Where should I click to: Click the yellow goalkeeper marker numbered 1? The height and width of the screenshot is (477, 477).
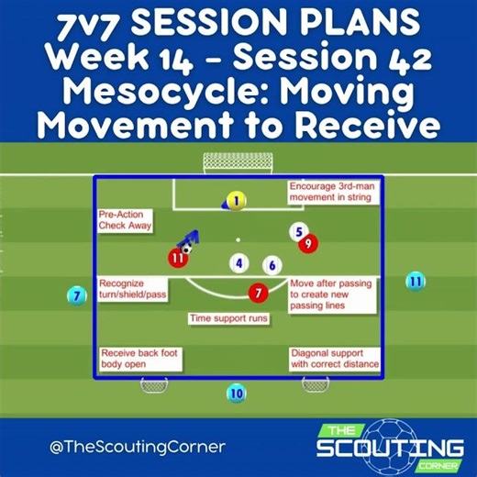click(236, 200)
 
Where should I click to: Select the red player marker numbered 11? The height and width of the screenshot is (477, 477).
click(178, 258)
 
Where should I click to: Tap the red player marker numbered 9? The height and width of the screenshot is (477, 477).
click(307, 243)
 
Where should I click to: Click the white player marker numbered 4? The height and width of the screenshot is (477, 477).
click(239, 264)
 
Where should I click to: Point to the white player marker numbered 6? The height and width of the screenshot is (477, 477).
click(272, 266)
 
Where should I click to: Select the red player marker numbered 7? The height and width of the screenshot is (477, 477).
click(259, 293)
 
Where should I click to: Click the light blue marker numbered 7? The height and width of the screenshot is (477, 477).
click(78, 295)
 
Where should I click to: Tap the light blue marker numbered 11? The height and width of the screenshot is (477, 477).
click(416, 281)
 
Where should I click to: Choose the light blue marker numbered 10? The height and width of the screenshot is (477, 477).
click(237, 394)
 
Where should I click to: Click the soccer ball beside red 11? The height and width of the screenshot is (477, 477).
click(186, 248)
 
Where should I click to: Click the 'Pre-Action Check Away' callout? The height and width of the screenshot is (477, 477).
click(126, 220)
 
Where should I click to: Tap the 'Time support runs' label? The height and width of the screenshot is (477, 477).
click(228, 318)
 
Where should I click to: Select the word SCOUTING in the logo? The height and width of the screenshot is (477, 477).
click(390, 449)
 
